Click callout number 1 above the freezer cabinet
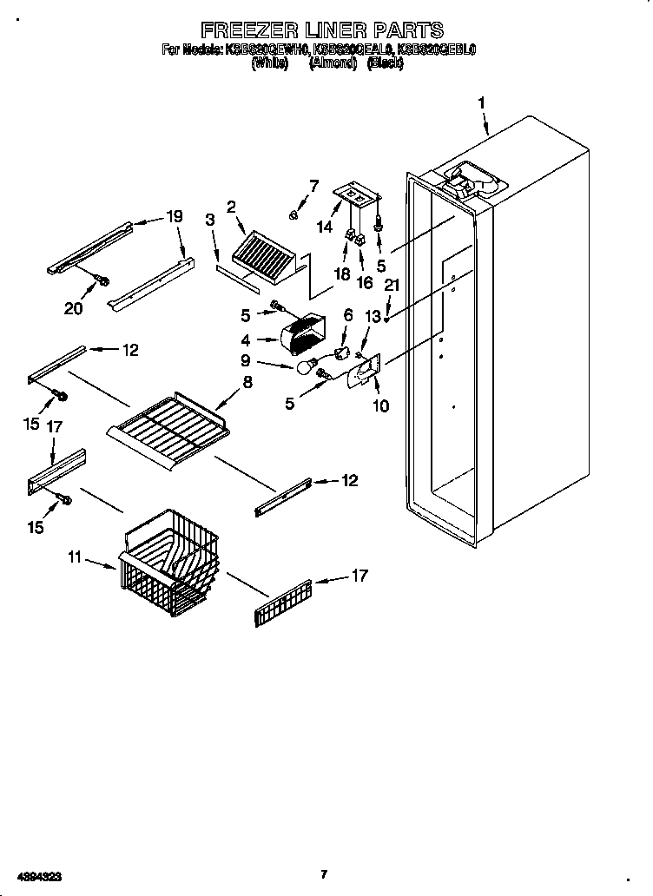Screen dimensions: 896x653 (480, 103)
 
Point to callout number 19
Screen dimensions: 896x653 (175, 217)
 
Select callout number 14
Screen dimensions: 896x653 (325, 227)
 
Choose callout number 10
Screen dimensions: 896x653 (380, 405)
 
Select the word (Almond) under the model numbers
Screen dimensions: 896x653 (333, 63)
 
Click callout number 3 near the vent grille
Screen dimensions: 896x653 (210, 221)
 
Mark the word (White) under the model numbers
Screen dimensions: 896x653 (269, 63)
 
